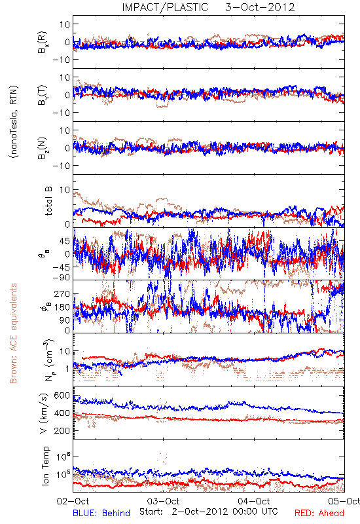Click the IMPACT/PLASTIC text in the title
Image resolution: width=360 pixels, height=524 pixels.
click(x=165, y=7)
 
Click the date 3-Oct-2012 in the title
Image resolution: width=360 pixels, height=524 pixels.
click(x=260, y=7)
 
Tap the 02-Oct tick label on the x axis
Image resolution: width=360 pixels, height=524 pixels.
click(x=73, y=501)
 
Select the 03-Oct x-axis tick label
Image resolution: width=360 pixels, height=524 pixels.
click(x=164, y=501)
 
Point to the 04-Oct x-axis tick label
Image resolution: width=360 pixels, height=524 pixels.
click(x=254, y=501)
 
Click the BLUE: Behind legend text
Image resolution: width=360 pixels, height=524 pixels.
click(x=101, y=513)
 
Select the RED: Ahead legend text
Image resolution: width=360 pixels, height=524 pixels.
click(x=319, y=513)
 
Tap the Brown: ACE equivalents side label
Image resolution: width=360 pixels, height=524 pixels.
click(x=13, y=333)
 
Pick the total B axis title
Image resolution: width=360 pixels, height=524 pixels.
click(x=48, y=201)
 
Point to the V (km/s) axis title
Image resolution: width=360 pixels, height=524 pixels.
click(x=44, y=413)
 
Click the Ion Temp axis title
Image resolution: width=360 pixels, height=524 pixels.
click(x=45, y=466)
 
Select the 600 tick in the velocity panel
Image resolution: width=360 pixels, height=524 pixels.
click(x=62, y=396)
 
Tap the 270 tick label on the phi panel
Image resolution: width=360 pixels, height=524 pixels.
click(x=62, y=294)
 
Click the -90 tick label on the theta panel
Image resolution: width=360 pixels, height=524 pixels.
click(x=62, y=278)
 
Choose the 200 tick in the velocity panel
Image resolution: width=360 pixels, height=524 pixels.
click(x=62, y=431)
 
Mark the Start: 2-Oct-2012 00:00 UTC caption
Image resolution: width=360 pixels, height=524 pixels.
click(x=209, y=512)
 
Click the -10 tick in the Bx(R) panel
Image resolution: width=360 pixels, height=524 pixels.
click(x=62, y=60)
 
